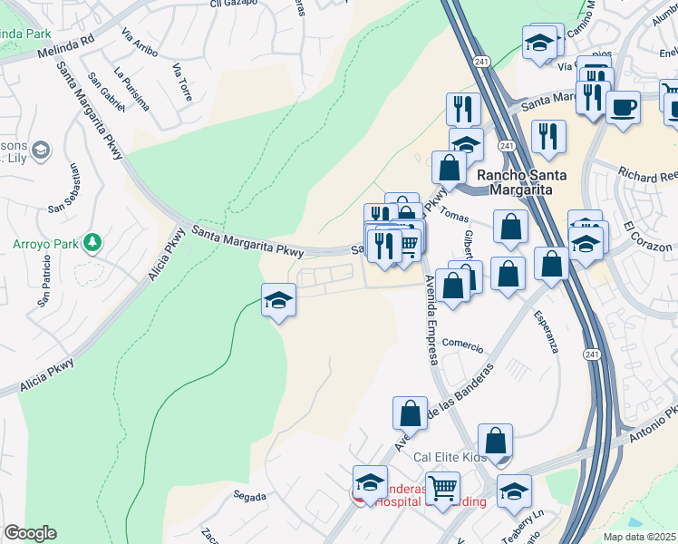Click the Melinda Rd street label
(66, 53)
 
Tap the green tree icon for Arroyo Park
(92, 242)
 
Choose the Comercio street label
(463, 345)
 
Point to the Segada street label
(249, 497)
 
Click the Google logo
(30, 533)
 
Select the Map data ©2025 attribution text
(638, 536)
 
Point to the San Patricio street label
(46, 285)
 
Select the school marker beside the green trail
(278, 299)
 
